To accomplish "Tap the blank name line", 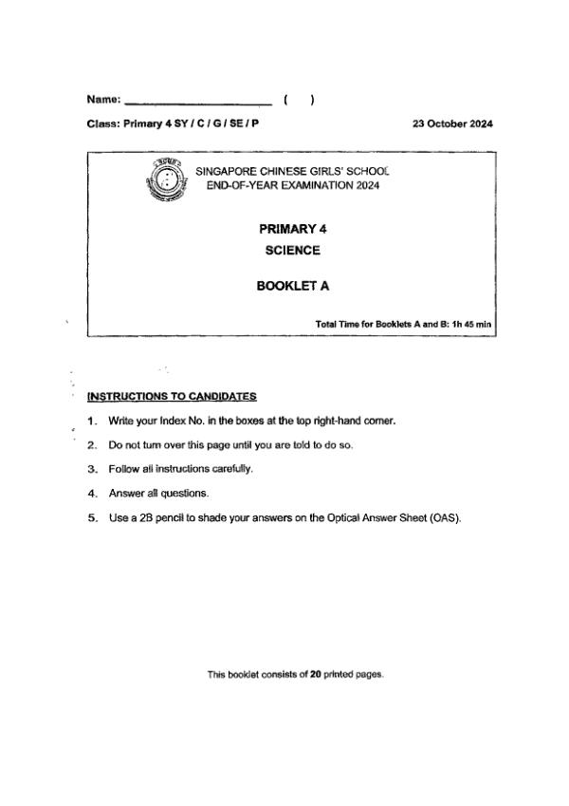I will pos(198,102).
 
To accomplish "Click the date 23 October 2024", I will pos(452,124).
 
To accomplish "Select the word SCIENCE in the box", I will pos(293,251).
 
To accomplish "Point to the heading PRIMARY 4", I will pos(293,229).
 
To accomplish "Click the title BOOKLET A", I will pos(293,285).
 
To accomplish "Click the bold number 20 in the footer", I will pos(316,675).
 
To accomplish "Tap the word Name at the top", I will pos(102,99).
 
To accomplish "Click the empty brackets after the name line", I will pos(299,99).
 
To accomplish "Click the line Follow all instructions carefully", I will pos(181,469).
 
